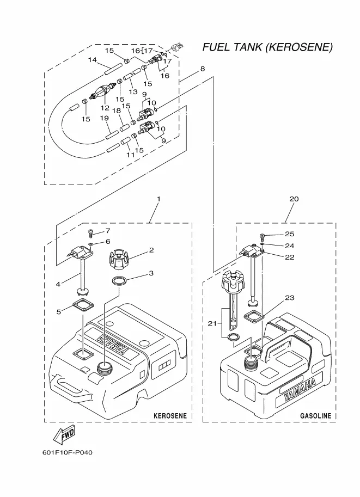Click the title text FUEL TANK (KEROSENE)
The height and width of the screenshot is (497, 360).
coord(267,47)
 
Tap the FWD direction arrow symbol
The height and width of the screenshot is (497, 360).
coord(64,435)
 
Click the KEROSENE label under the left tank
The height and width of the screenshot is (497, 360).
coord(170,416)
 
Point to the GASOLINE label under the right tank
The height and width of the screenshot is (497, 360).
coord(315,416)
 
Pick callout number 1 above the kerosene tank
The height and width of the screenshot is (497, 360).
coord(158,199)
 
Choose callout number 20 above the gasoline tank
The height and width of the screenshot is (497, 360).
coord(294,199)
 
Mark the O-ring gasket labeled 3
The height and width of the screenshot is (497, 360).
coord(120,281)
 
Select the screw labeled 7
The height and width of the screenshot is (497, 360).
coord(91,232)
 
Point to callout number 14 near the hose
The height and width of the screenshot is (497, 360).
coord(92,59)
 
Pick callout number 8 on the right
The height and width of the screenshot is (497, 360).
coord(202,69)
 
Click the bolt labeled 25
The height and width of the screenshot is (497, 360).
coord(263,235)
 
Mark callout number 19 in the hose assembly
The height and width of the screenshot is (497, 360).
coord(104,118)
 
